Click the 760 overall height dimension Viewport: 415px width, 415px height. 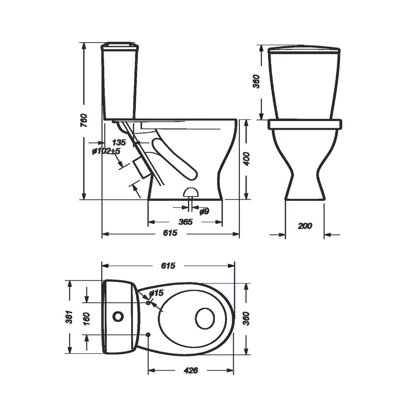84,120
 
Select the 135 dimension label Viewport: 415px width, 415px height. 119,142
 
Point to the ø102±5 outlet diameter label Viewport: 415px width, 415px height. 106,151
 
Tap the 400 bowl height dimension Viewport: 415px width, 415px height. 247,159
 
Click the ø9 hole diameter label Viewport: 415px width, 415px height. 204,211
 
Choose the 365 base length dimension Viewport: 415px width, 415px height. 186,222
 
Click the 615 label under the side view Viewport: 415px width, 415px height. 170,233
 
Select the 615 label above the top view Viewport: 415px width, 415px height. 168,266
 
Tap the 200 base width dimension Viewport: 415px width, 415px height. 305,226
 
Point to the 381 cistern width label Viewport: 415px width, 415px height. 69,317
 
